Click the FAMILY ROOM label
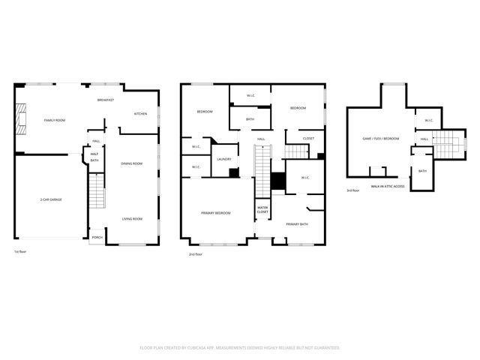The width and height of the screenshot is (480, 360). [55, 120]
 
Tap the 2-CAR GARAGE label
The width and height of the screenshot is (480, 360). [52, 199]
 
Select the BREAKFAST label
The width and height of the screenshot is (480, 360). [106, 100]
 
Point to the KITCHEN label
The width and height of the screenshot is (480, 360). [140, 114]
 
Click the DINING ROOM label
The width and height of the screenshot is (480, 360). [132, 163]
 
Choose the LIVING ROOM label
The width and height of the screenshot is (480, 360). [132, 219]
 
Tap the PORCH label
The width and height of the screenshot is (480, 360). [97, 238]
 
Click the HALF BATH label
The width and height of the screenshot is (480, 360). [94, 157]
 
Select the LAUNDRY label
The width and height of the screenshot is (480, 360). [223, 159]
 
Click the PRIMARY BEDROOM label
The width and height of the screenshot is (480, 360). [216, 213]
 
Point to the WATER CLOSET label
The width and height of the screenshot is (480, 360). [262, 209]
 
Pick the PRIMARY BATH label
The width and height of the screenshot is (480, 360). [296, 223]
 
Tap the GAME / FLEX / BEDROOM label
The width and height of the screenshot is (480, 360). [381, 139]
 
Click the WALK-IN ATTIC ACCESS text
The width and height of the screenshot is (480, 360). [388, 185]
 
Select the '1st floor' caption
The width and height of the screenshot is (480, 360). [22, 251]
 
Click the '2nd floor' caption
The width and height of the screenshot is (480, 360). [196, 255]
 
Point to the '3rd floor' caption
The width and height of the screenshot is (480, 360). [352, 191]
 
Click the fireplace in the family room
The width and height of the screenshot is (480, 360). [21, 120]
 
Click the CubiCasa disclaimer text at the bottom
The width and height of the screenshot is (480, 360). [240, 347]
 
